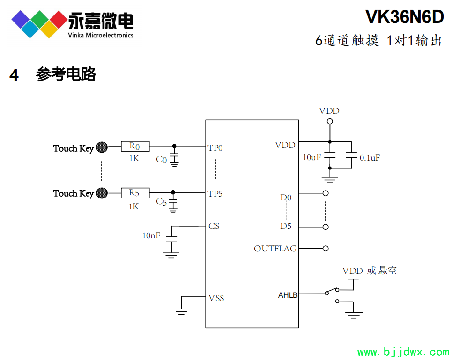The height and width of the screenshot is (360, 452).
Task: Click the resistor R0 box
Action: pyautogui.click(x=135, y=147)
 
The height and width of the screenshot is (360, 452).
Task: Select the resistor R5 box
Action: pyautogui.click(x=135, y=192)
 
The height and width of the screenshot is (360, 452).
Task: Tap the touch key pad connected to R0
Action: pyautogui.click(x=102, y=147)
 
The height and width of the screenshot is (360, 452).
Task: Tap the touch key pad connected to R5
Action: pyautogui.click(x=102, y=193)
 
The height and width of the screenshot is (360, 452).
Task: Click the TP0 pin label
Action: pyautogui.click(x=215, y=148)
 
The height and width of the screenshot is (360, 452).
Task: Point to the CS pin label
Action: pyautogui.click(x=214, y=226)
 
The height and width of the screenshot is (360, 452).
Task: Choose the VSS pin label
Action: pyautogui.click(x=216, y=298)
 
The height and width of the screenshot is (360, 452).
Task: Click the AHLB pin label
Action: pyautogui.click(x=288, y=295)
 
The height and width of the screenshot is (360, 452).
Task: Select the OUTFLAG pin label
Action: pyautogui.click(x=275, y=249)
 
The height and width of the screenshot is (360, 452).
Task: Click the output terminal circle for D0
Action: pyautogui.click(x=326, y=193)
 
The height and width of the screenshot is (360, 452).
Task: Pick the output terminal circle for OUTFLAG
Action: pyautogui.click(x=326, y=249)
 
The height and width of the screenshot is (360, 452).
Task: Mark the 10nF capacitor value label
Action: pyautogui.click(x=151, y=235)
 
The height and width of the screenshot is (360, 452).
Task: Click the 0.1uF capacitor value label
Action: pyautogui.click(x=370, y=158)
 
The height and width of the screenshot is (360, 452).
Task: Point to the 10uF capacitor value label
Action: pyautogui.click(x=312, y=157)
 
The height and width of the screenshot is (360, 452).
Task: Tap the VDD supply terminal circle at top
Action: pyautogui.click(x=330, y=121)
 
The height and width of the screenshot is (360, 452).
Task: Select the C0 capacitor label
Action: pyautogui.click(x=161, y=160)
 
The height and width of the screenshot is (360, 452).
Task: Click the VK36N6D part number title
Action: pyautogui.click(x=404, y=17)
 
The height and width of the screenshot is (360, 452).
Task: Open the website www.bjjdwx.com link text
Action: pyautogui.click(x=403, y=352)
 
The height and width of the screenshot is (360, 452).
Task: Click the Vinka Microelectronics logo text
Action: pyautogui.click(x=101, y=35)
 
